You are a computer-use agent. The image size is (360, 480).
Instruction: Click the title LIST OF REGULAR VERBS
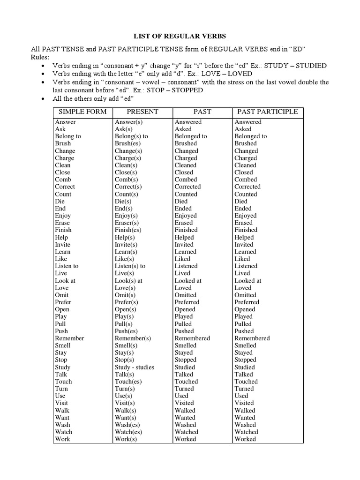(x=180, y=36)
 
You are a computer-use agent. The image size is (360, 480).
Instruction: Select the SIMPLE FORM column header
(x=82, y=112)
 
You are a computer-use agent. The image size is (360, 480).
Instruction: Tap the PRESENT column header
(x=142, y=112)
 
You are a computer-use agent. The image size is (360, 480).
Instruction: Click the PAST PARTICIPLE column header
(x=267, y=112)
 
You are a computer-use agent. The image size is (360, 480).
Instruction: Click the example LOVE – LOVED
(x=227, y=74)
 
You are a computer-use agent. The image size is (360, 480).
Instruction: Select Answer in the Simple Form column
(x=65, y=122)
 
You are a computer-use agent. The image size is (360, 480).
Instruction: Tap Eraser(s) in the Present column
(x=127, y=223)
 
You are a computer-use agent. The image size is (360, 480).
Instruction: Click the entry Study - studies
(x=134, y=367)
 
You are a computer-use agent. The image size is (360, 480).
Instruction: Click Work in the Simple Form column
(x=62, y=439)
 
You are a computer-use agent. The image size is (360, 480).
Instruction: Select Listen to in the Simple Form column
(x=67, y=266)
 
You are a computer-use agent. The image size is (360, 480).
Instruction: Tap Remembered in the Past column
(x=192, y=338)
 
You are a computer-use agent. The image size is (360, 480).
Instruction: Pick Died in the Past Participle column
(x=241, y=201)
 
